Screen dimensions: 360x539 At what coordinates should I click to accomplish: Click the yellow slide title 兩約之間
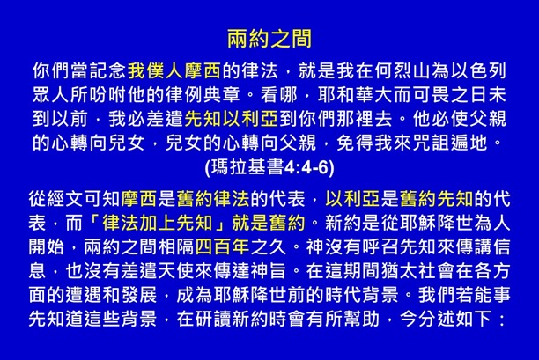[x=269, y=40]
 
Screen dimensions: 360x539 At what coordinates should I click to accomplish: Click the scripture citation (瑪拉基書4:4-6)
[x=269, y=163]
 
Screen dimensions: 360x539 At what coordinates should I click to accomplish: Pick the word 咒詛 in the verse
[x=448, y=139]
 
